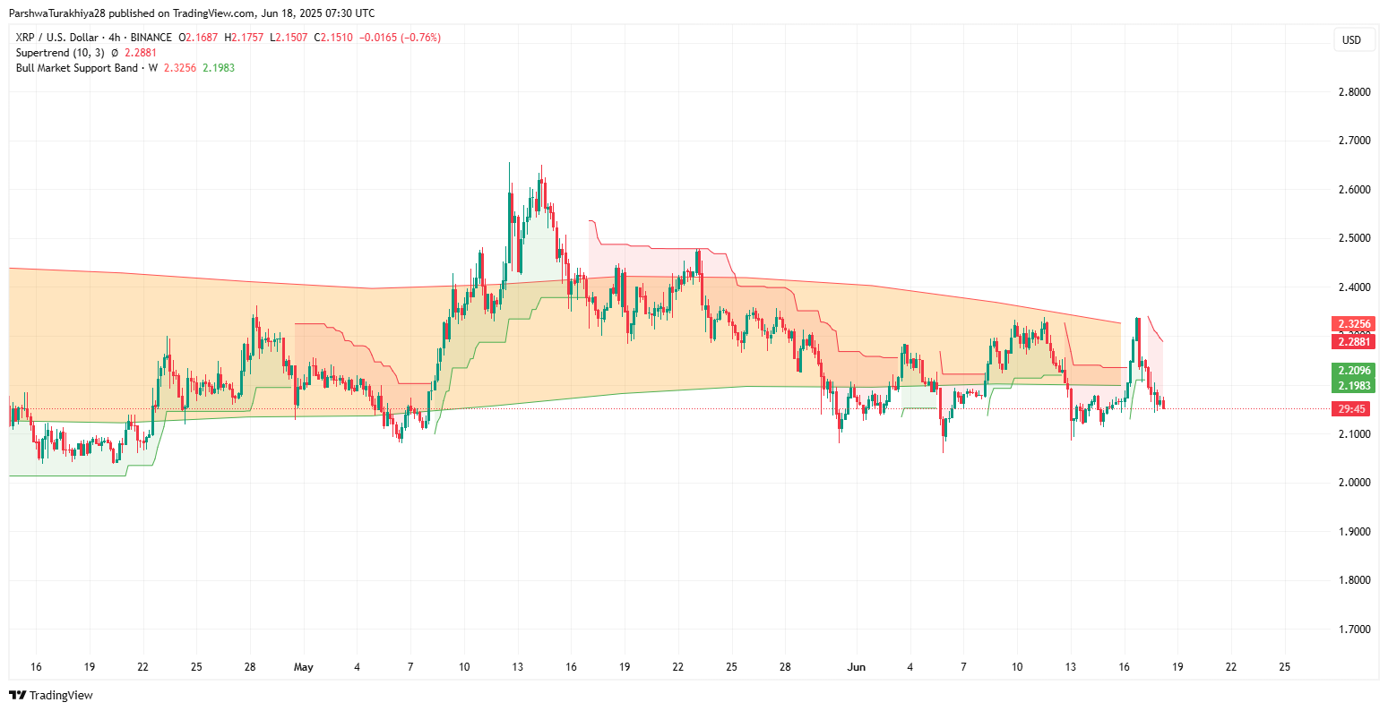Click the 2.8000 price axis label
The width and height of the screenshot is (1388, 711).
tap(1352, 92)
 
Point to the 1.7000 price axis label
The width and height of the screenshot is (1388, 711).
tap(1352, 630)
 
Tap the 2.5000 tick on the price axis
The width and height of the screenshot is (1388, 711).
tap(1352, 238)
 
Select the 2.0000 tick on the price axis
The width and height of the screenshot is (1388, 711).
tap(1352, 483)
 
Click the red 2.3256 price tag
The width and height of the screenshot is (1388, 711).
tap(1353, 324)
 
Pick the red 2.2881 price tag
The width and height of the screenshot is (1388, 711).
tap(1353, 341)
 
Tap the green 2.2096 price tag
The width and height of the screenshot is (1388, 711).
tap(1353, 371)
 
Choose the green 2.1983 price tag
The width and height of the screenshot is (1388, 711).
tap(1353, 386)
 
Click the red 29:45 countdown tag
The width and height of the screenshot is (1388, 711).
tap(1352, 408)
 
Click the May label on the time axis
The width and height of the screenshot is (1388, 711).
tap(304, 667)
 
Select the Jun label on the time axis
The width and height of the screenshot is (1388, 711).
tap(857, 667)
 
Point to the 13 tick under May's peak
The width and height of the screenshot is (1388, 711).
tap(518, 667)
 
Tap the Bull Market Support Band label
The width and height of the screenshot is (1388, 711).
tap(77, 68)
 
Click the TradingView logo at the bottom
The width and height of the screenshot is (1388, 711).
tap(51, 695)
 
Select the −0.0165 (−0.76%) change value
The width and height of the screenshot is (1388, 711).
tap(400, 38)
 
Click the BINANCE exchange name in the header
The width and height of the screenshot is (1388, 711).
tap(151, 38)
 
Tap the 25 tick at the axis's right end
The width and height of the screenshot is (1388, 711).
tap(1284, 667)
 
